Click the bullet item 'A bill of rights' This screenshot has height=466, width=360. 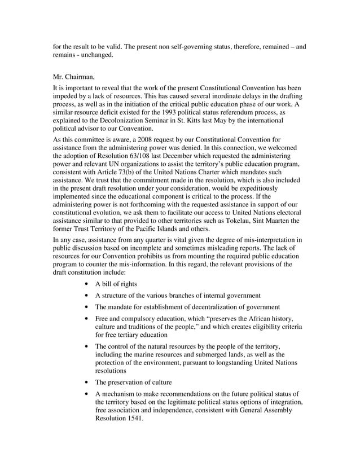tap(116, 283)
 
